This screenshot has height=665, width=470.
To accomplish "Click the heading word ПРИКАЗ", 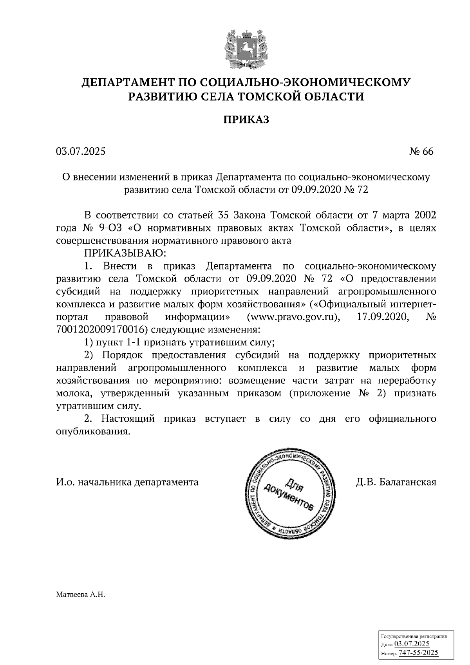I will [x=246, y=119].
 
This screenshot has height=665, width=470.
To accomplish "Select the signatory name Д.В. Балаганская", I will [x=396, y=482].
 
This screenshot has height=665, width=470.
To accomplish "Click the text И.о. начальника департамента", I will [x=127, y=482].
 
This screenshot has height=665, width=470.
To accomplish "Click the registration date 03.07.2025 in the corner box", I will [x=412, y=644].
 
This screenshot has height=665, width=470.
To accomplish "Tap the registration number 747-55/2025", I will [x=418, y=653].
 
